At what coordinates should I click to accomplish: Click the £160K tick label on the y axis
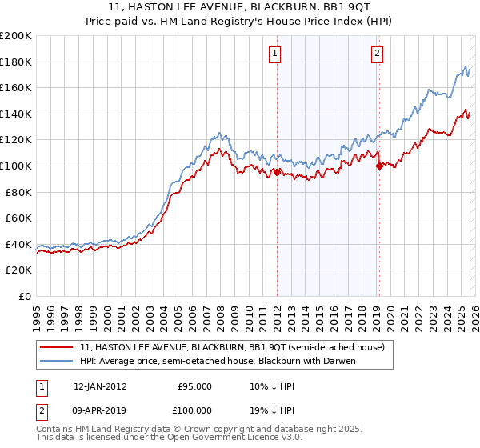point(16,87)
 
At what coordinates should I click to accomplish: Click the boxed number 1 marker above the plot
point(274,54)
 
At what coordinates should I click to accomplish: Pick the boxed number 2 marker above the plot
point(377,54)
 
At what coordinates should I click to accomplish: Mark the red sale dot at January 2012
point(277,172)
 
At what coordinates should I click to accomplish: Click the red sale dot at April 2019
point(379,166)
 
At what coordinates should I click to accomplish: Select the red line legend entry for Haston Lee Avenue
point(232,347)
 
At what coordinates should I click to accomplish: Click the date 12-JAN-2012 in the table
point(100,386)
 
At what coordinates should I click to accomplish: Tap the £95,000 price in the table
point(194,386)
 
